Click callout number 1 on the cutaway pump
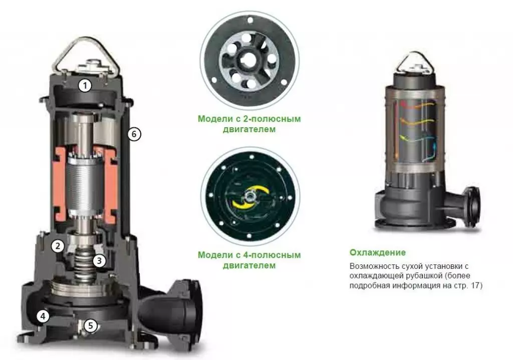85,86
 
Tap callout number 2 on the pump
58,246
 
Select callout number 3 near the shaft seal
100,260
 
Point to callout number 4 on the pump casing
43,316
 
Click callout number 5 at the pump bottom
91,325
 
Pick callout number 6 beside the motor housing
134,134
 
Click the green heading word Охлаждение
378,252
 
